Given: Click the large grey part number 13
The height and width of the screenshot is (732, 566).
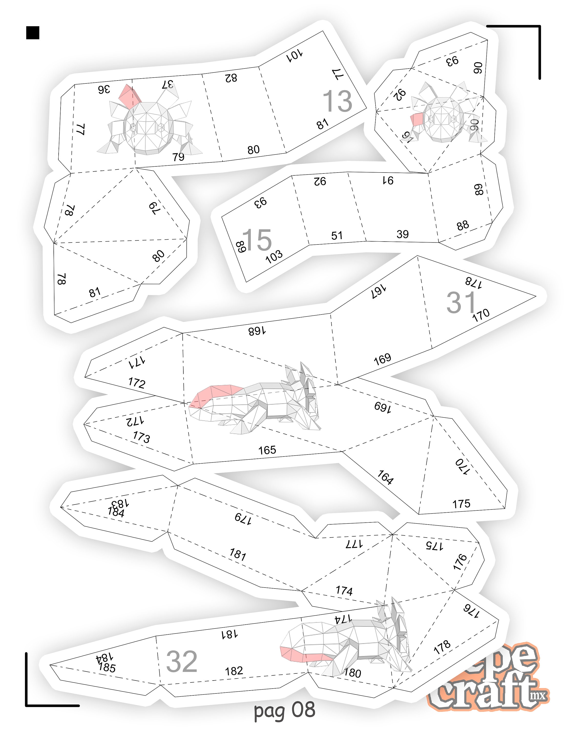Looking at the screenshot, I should click(x=337, y=101).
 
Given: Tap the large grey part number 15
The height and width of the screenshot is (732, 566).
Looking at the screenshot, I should click(x=257, y=240).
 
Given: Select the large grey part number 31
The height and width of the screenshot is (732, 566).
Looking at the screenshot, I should click(x=461, y=302).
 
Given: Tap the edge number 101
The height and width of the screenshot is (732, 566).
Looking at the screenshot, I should click(x=295, y=55).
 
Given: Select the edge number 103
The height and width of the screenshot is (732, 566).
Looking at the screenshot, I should click(x=274, y=257).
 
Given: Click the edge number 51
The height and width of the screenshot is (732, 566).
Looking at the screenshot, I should click(x=337, y=236).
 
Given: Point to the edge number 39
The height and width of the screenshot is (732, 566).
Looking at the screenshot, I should click(x=402, y=234).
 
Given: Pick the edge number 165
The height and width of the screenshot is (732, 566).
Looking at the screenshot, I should click(x=267, y=450).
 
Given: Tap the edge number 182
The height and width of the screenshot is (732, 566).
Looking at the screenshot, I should click(x=234, y=671).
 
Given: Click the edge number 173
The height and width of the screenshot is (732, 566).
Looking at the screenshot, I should click(x=141, y=437).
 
